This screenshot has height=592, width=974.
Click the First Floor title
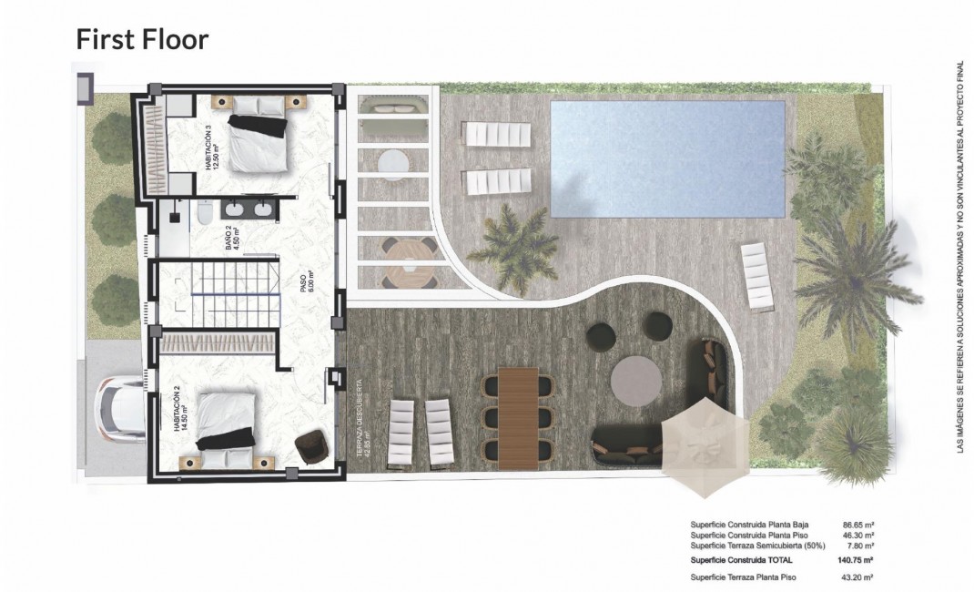click(x=142, y=39)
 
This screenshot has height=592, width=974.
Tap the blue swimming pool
click(x=667, y=158)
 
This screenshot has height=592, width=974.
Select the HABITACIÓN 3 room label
click(x=212, y=149)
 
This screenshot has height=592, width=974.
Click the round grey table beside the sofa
click(x=635, y=380)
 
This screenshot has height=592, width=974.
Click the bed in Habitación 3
click(x=258, y=142)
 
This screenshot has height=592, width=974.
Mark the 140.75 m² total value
click(x=855, y=561)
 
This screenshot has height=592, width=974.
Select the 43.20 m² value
click(x=856, y=577)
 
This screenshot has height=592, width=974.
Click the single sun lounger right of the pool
click(x=756, y=276)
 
